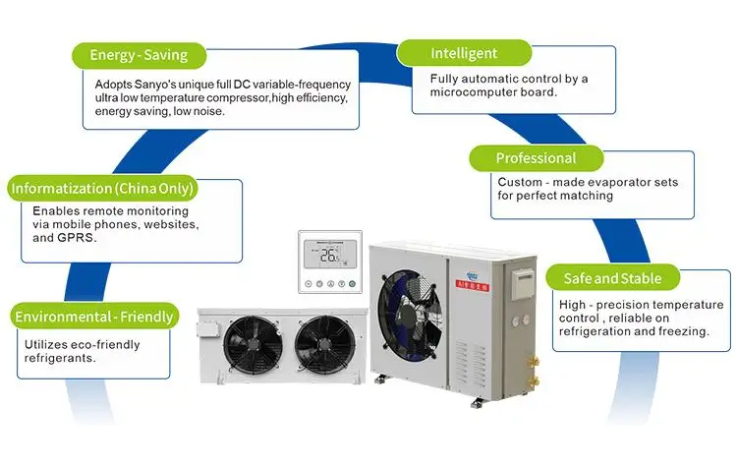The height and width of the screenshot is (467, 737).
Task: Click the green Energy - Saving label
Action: coord(138,54)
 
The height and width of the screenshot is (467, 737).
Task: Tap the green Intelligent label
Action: coord(464,53)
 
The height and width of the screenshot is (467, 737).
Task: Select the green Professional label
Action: coord(535,158)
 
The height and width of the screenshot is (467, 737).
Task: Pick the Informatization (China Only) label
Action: coord(101,188)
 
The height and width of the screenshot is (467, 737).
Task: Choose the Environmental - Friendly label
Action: coord(94,317)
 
